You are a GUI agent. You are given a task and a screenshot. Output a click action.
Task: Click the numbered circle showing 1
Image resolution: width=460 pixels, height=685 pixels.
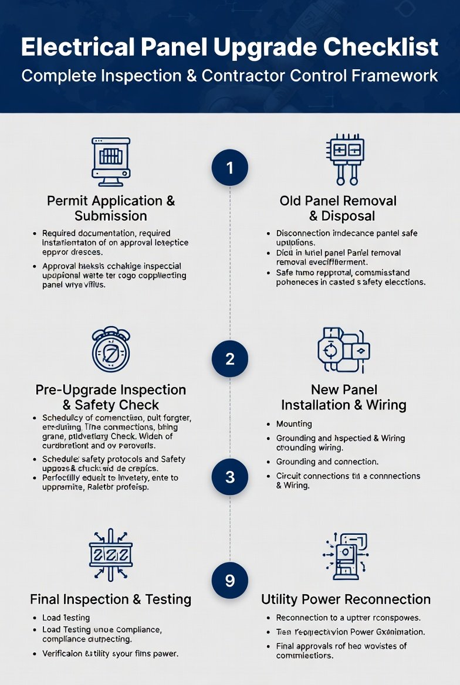[x=229, y=168]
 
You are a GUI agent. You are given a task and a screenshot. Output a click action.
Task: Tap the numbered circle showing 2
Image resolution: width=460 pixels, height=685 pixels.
[x=229, y=358]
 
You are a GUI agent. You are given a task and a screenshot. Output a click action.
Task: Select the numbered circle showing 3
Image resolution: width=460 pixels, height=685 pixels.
[x=229, y=477]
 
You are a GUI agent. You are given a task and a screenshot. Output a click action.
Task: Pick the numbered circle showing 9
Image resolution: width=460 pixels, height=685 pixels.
[x=229, y=580]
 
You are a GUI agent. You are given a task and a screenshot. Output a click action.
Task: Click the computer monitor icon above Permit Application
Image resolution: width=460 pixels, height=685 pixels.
[x=111, y=158]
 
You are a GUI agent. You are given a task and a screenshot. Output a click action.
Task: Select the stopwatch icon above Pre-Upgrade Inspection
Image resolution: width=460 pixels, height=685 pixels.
[x=111, y=350]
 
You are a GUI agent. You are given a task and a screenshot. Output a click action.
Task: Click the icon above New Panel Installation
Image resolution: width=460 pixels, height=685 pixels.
[x=344, y=350]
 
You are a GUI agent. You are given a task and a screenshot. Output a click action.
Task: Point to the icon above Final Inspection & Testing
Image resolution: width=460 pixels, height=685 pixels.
[x=111, y=554]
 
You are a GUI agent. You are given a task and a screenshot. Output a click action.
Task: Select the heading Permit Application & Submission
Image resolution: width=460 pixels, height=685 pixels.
[x=111, y=208]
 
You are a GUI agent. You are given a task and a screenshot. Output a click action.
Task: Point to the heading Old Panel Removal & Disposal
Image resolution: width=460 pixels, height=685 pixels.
[x=338, y=208]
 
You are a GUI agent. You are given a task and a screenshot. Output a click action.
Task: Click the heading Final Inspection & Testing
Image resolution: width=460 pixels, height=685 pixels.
[x=111, y=599]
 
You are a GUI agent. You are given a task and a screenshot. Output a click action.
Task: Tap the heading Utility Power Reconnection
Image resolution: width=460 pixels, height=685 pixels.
[x=346, y=599]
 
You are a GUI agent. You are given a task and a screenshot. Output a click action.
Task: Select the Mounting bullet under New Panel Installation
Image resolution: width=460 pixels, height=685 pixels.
[x=294, y=424]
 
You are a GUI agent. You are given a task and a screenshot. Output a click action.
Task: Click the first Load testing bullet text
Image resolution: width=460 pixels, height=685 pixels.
[x=66, y=618]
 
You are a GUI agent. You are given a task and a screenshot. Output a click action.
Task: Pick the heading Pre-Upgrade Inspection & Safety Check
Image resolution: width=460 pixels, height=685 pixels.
[x=111, y=397]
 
